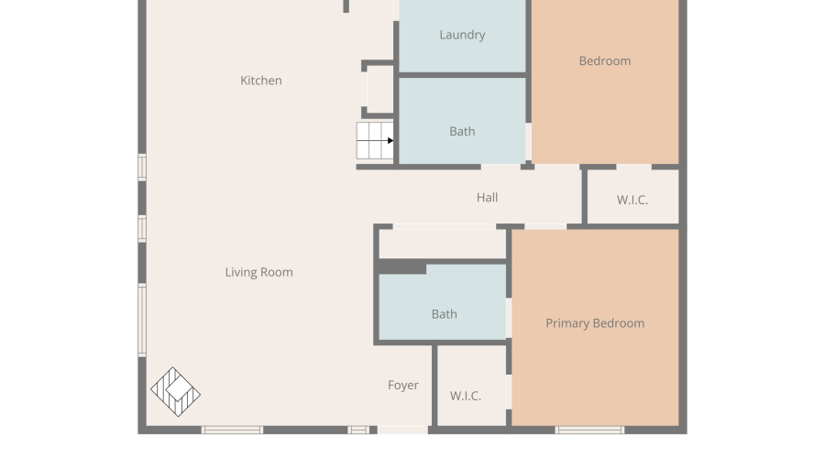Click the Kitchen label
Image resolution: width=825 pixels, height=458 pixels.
click(x=261, y=81)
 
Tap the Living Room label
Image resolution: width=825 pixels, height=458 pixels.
click(x=258, y=272)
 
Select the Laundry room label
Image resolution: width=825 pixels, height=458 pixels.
click(x=463, y=35)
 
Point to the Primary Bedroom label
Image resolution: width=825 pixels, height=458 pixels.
click(x=595, y=323)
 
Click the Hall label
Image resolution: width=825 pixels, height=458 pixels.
click(x=488, y=198)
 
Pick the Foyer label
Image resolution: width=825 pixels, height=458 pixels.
click(x=403, y=386)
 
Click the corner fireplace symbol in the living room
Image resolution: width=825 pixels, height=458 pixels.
click(x=175, y=392)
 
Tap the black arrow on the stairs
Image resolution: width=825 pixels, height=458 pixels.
click(x=390, y=140)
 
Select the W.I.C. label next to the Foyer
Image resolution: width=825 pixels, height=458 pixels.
click(x=466, y=396)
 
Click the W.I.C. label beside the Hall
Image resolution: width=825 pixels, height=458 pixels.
click(x=632, y=200)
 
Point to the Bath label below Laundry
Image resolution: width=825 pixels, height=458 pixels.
click(x=462, y=132)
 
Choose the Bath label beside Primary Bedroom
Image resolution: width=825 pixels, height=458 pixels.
click(x=444, y=314)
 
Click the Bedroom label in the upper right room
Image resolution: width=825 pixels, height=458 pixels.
click(x=605, y=61)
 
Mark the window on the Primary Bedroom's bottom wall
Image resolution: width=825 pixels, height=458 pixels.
click(x=589, y=431)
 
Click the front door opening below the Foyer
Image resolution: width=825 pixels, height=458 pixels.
click(x=402, y=431)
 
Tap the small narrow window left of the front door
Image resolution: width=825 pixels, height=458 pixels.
click(x=358, y=431)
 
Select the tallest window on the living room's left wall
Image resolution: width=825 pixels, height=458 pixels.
click(x=142, y=321)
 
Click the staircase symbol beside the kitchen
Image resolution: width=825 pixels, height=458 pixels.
click(x=375, y=140)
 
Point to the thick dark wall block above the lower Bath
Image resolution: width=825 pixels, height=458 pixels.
click(x=402, y=267)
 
